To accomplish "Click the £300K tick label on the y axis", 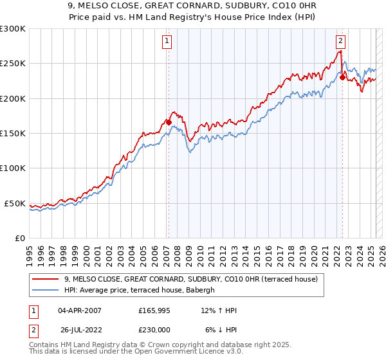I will pyautogui.click(x=13, y=29).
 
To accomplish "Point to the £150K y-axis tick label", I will pyautogui.click(x=13, y=134).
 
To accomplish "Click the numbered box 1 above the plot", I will pyautogui.click(x=167, y=41).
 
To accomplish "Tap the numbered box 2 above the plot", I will pyautogui.click(x=340, y=41).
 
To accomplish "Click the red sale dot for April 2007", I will pyautogui.click(x=168, y=122).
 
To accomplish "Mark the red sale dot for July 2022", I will pyautogui.click(x=342, y=77).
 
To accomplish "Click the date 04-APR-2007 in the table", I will pyautogui.click(x=80, y=310).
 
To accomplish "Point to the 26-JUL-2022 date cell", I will pyautogui.click(x=80, y=329).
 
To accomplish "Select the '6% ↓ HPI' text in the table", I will pyautogui.click(x=221, y=329).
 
